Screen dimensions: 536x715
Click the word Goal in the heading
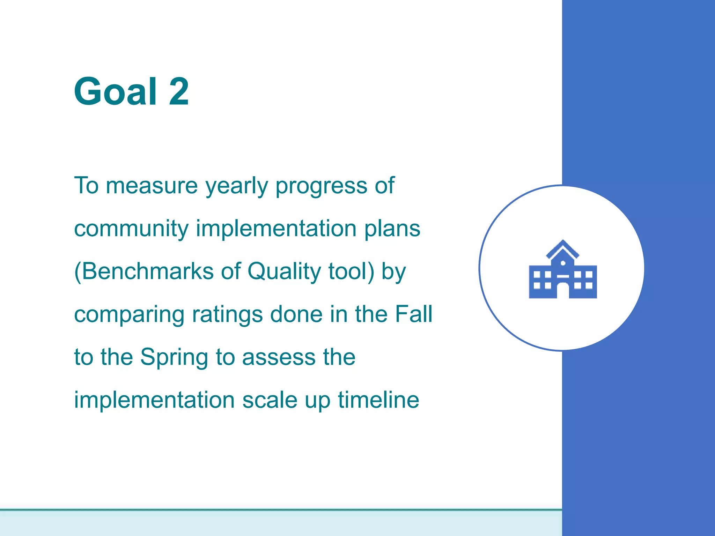pos(115,91)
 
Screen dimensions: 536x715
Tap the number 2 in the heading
pos(179,91)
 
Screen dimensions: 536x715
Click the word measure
pos(152,186)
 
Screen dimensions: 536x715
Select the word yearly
pos(236,186)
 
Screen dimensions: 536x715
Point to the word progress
pos(321,186)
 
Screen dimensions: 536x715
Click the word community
pos(131,229)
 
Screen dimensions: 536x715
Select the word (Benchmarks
pos(143,271)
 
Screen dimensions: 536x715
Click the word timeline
pos(378,400)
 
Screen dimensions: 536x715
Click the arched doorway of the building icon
pos(563,291)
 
